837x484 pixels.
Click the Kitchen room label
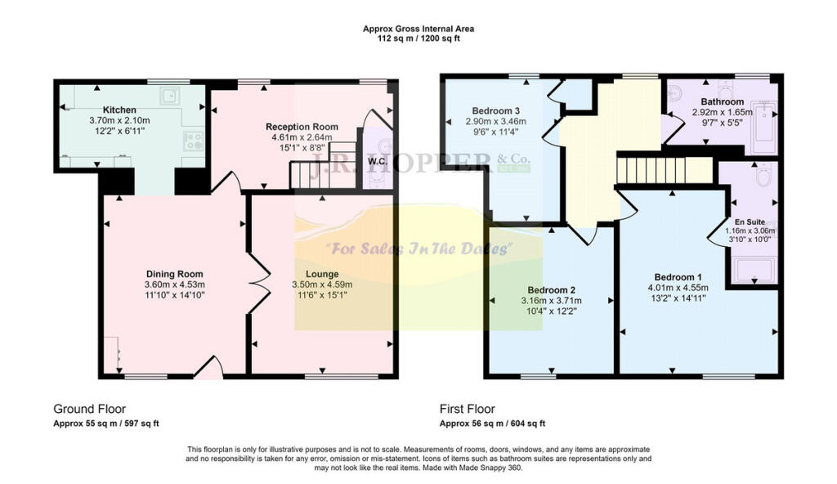point(119,110)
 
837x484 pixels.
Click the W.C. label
point(378,160)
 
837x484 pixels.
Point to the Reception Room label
point(302,127)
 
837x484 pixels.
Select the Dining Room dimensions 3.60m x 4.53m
point(174,285)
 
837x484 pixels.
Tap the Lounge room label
point(322,274)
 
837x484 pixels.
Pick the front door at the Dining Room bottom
point(210,370)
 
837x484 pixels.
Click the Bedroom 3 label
point(496,110)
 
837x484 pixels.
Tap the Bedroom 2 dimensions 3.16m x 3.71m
point(552,301)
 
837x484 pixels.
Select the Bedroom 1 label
point(678,276)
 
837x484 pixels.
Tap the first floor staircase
point(663,172)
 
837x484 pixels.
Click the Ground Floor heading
point(90,409)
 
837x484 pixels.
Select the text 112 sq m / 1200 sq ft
point(418,38)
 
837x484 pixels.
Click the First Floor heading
point(468,409)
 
